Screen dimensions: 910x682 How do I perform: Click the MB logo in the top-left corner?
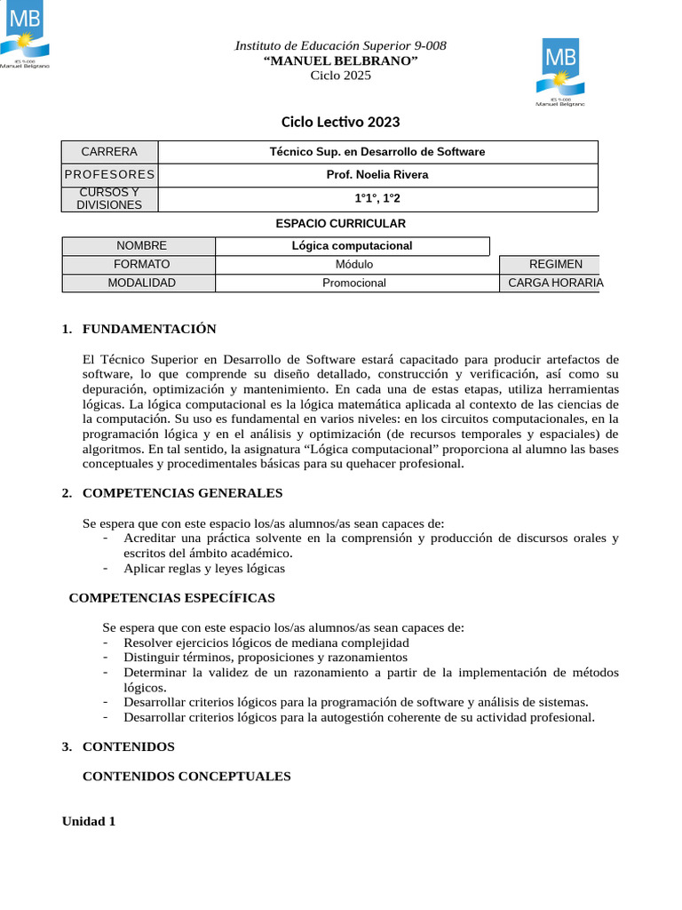tap(24, 34)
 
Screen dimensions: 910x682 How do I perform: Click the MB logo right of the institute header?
tap(560, 71)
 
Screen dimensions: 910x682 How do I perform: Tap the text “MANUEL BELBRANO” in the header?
tap(341, 60)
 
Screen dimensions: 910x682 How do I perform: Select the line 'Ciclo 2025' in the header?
tap(341, 76)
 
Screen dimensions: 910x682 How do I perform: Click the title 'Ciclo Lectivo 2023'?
tap(341, 122)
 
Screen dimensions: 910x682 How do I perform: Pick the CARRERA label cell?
tap(109, 152)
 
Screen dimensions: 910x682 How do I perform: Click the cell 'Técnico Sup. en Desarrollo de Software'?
tap(377, 152)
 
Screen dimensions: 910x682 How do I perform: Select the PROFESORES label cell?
tap(109, 175)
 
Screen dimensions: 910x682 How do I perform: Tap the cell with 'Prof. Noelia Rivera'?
tap(377, 175)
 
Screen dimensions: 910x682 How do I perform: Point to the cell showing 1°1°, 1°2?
tap(377, 199)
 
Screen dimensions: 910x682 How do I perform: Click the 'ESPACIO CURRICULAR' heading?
tap(341, 224)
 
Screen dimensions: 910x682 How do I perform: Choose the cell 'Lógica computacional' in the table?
tap(353, 246)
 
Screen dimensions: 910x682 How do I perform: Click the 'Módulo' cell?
tap(354, 265)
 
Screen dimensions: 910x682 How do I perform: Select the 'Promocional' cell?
tap(354, 283)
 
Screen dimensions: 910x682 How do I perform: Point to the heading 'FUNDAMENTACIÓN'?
tap(149, 330)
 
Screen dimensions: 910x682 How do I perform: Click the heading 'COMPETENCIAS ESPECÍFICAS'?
tap(172, 598)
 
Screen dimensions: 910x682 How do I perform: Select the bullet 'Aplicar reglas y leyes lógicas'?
tap(204, 569)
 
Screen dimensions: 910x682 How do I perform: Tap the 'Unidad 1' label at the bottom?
tap(89, 821)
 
